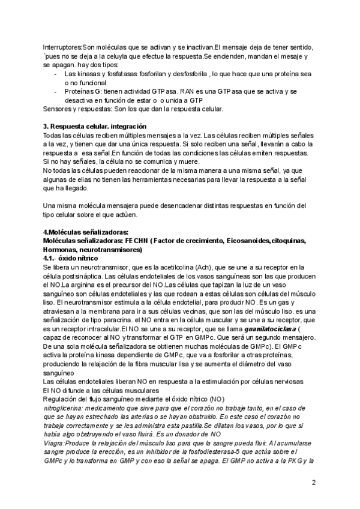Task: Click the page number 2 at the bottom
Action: (x=314, y=483)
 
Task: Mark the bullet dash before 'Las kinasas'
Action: (x=56, y=73)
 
